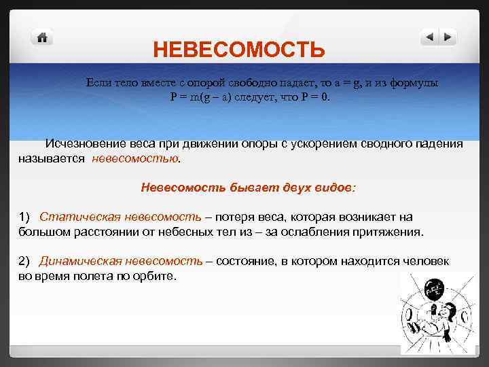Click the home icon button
pos(43,38)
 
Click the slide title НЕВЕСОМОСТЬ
pos(238,50)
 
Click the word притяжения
pos(391,232)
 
